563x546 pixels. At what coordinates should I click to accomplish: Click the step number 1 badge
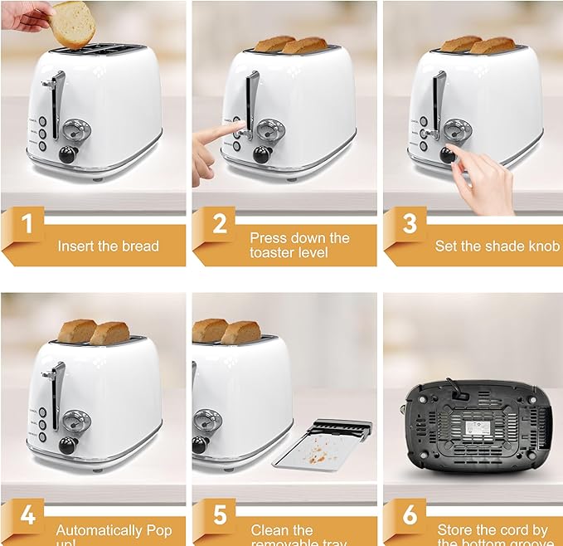27,225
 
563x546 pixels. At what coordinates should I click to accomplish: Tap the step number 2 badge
220,225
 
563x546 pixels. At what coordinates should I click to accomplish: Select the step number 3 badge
410,225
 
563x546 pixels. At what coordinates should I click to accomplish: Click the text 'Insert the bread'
108,246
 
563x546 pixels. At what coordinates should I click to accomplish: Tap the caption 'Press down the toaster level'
299,245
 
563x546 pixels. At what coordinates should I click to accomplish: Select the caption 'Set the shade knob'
497,246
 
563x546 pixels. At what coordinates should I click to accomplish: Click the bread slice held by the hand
73,22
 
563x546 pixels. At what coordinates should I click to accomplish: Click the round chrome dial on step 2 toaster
270,129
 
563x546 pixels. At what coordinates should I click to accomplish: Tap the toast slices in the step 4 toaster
93,332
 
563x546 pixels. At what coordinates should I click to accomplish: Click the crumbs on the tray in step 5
318,452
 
